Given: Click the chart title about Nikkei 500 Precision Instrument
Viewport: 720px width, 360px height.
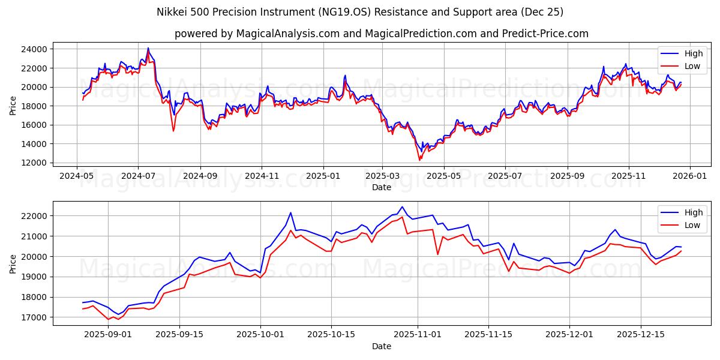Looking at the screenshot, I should point(360,12).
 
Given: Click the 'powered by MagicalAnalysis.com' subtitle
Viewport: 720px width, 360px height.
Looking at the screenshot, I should point(381,34).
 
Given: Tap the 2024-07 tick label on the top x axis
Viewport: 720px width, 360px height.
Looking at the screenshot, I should point(138,176).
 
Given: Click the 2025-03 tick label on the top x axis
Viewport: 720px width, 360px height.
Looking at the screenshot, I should point(382,176).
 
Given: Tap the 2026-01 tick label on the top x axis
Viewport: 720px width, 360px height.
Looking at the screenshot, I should point(689,176).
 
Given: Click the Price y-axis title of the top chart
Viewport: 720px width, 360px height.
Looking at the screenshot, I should point(13,106).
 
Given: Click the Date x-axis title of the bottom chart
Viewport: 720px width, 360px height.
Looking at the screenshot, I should point(381,346).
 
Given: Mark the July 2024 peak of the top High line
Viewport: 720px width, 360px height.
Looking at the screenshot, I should point(148,48).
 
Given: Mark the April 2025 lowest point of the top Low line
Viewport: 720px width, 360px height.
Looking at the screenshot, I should point(419,160).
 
